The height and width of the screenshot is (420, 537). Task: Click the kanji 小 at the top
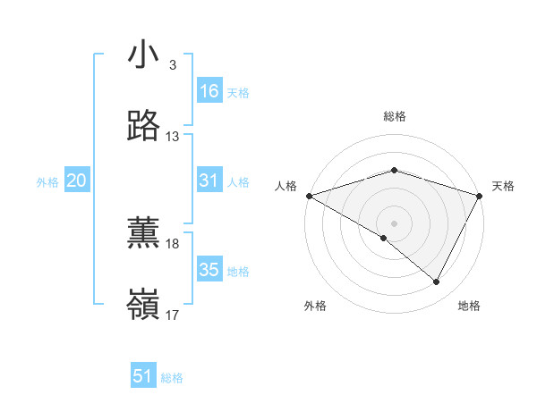(144, 55)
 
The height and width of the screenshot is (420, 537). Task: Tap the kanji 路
(144, 126)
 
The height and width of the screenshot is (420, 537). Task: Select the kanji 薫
(144, 233)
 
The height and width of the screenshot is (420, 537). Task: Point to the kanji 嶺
(144, 305)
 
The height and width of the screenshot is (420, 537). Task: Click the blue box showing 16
(209, 91)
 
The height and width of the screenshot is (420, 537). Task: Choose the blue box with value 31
(209, 181)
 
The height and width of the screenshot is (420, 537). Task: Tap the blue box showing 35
(209, 270)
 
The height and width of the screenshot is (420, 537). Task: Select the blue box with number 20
(76, 181)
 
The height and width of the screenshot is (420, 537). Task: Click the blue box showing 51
(143, 376)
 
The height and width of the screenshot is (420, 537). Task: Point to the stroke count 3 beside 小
(172, 65)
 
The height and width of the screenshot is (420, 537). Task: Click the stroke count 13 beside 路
(173, 137)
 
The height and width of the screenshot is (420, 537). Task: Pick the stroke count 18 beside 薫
(173, 244)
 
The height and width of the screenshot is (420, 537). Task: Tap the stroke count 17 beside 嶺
(173, 315)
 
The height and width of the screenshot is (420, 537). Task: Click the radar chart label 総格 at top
(394, 116)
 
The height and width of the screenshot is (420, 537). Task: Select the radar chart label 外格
(315, 306)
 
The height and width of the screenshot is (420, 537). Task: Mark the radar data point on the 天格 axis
(480, 195)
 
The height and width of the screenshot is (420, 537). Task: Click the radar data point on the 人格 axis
(309, 195)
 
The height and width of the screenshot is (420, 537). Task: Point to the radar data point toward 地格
(437, 282)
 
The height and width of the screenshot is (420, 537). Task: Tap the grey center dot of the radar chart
(394, 223)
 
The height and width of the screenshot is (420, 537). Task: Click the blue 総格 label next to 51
(172, 378)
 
